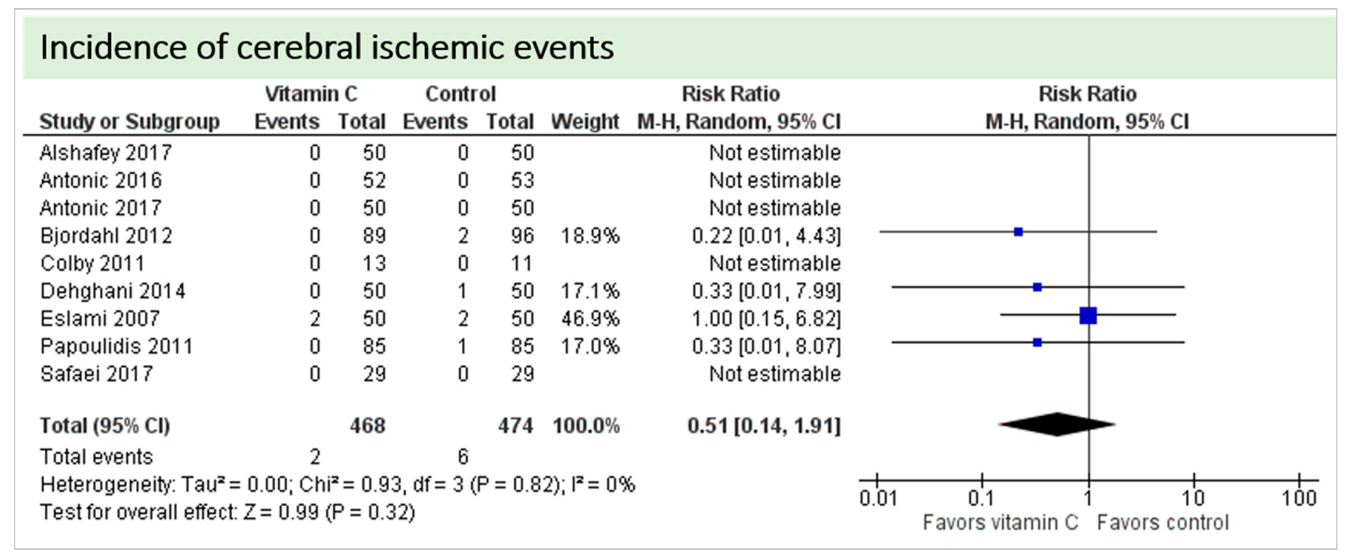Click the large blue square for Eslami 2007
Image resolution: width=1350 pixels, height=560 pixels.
[1088, 316]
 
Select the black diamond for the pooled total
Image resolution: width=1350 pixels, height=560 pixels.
[1057, 424]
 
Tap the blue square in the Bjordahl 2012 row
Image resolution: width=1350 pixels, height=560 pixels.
[1018, 232]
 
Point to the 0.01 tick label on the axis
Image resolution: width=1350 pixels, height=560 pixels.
[878, 498]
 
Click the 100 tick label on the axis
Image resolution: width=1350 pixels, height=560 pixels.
[1299, 498]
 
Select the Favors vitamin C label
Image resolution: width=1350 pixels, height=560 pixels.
[1000, 523]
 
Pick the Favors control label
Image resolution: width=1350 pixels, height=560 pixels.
[1162, 523]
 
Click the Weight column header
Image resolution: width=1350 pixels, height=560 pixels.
[585, 122]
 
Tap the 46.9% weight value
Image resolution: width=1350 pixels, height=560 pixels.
[590, 319]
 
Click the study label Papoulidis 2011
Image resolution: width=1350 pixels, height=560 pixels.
[117, 346]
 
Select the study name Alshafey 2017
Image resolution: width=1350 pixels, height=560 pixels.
[106, 153]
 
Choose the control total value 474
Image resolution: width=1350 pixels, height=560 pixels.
[515, 426]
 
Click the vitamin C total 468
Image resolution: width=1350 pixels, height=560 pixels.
[367, 426]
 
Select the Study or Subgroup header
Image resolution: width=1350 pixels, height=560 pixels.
[129, 122]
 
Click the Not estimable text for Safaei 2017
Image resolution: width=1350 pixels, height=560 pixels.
[774, 374]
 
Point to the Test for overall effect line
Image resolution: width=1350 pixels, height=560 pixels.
[228, 512]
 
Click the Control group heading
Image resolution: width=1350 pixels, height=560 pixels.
[460, 94]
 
